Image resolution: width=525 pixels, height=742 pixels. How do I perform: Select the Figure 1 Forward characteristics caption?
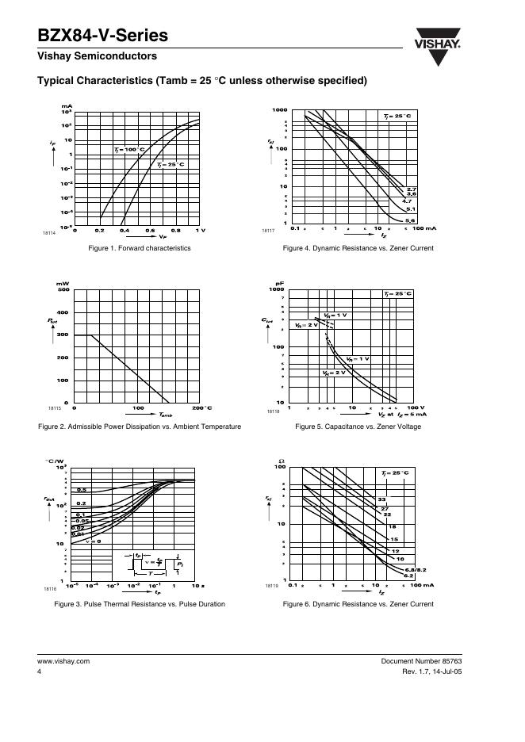[140, 248]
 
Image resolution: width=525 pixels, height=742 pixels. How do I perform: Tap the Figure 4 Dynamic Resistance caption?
[358, 248]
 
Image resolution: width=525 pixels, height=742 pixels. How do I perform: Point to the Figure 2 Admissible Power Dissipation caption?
[140, 426]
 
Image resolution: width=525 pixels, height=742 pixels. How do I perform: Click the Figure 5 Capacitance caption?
[358, 426]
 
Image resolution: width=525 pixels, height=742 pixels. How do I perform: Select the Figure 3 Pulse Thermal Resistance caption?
[140, 604]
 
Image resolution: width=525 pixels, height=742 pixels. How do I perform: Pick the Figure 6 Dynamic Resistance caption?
[358, 604]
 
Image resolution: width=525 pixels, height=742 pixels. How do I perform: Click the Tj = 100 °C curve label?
[129, 149]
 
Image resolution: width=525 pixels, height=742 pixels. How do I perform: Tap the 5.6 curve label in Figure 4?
[410, 220]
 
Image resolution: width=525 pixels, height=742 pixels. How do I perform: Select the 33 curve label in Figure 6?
[381, 499]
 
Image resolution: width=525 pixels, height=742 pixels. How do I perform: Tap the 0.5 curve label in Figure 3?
[81, 491]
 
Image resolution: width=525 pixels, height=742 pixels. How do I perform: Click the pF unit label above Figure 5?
[279, 283]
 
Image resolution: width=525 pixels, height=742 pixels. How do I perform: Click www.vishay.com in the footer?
[63, 660]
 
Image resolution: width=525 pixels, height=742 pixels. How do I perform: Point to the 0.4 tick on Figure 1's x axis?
[125, 230]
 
